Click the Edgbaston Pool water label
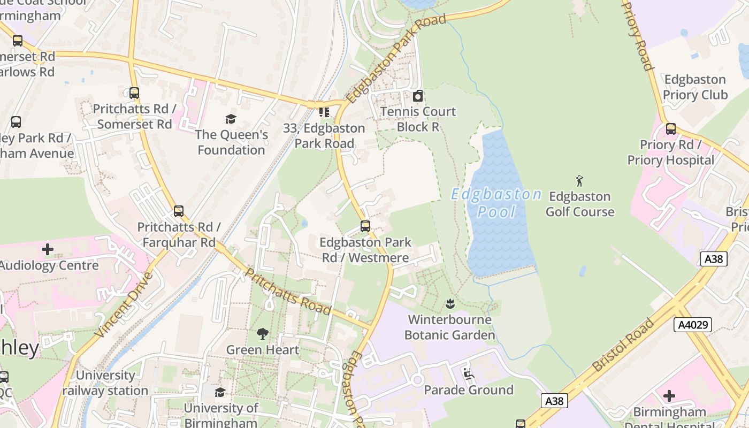[x=496, y=203]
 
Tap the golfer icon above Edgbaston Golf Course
[x=579, y=181]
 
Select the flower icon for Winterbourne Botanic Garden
[x=449, y=304]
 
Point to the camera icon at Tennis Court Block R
[x=418, y=96]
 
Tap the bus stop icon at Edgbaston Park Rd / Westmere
[x=365, y=226]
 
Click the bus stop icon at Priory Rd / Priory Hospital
[x=670, y=129]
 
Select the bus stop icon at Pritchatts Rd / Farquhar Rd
[x=179, y=211]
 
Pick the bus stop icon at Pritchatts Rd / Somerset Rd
[x=134, y=93]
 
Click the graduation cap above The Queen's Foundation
[x=231, y=119]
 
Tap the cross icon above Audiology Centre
[x=48, y=249]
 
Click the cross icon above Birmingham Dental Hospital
[x=669, y=396]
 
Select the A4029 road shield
[x=692, y=325]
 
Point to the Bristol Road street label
[x=623, y=345]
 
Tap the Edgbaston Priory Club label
[x=695, y=87]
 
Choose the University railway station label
[x=105, y=383]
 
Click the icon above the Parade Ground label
[x=468, y=373]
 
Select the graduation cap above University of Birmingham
[x=220, y=393]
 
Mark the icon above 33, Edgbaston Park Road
[x=324, y=112]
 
